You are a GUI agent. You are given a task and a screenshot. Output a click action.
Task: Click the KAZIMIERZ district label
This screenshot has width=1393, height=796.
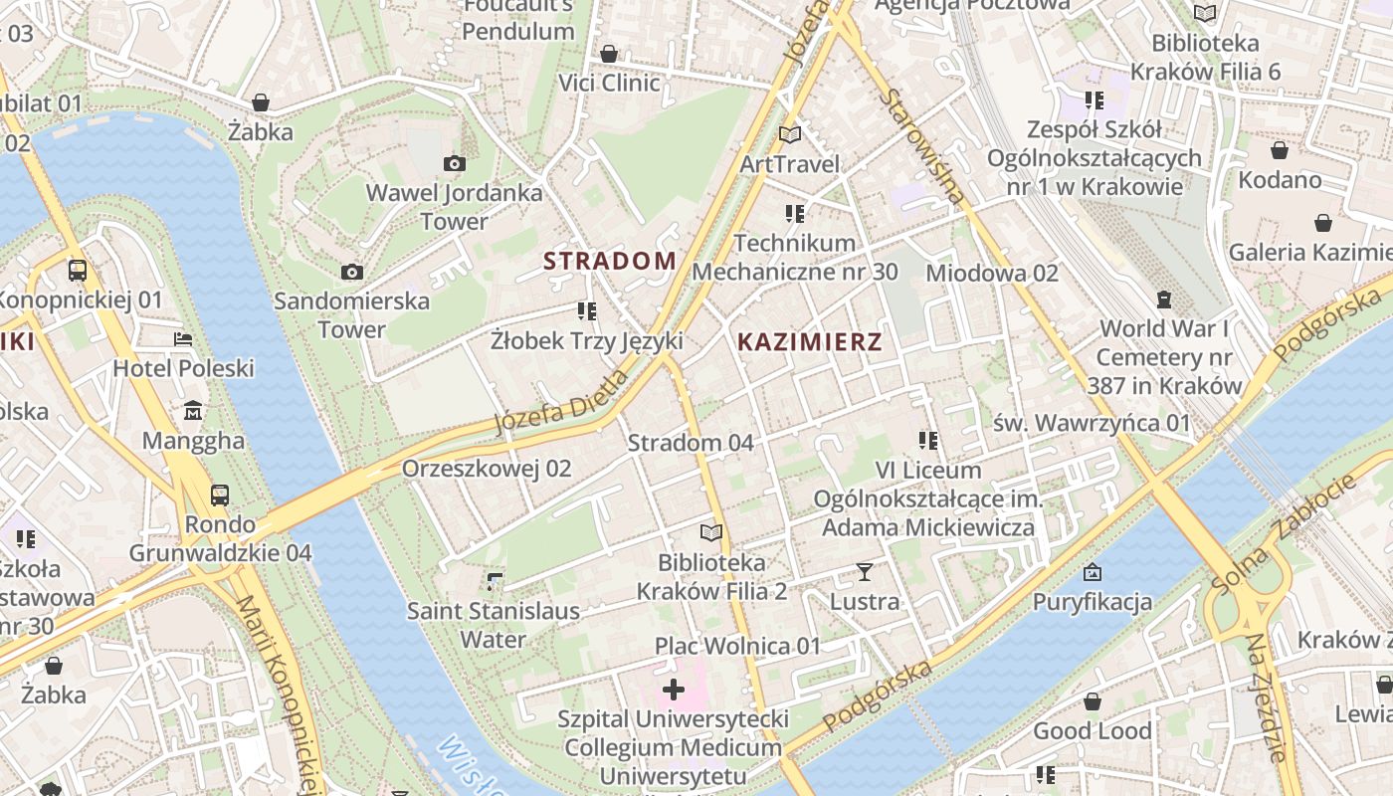click(x=809, y=342)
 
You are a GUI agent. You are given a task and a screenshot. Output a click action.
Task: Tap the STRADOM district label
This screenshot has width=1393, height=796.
click(x=609, y=261)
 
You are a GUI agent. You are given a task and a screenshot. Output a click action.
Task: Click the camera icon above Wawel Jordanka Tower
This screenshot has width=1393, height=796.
click(x=455, y=164)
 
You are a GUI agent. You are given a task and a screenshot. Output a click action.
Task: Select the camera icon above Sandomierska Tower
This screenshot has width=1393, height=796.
click(x=351, y=272)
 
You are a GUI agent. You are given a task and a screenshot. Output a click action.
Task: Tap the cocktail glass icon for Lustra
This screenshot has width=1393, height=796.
click(x=864, y=572)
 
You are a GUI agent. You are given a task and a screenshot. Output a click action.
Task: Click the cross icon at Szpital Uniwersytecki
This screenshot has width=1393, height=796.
click(x=674, y=689)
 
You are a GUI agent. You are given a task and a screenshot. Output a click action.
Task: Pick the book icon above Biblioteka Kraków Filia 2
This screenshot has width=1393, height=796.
click(x=710, y=532)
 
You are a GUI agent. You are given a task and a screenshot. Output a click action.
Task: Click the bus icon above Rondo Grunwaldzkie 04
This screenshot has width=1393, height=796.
click(x=220, y=495)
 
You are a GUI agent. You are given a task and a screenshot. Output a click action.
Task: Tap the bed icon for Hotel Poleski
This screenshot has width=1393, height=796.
click(x=183, y=339)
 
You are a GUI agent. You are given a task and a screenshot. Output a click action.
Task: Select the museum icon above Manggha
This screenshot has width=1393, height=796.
click(x=193, y=410)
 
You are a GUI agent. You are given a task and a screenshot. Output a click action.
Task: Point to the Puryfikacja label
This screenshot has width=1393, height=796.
click(x=1092, y=602)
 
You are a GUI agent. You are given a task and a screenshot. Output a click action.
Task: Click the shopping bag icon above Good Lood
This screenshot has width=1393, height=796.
click(x=1093, y=701)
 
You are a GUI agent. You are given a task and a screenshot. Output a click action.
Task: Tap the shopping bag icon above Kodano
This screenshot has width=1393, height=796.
click(x=1280, y=150)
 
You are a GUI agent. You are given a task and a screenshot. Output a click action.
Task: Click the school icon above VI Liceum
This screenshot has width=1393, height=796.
click(x=928, y=440)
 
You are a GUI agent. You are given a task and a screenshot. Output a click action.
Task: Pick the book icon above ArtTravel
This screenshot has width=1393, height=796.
click(x=789, y=134)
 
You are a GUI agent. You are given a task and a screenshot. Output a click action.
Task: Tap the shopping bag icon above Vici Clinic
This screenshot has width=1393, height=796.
click(x=609, y=54)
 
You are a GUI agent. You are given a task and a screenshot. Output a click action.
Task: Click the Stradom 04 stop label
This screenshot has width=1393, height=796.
click(x=691, y=443)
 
